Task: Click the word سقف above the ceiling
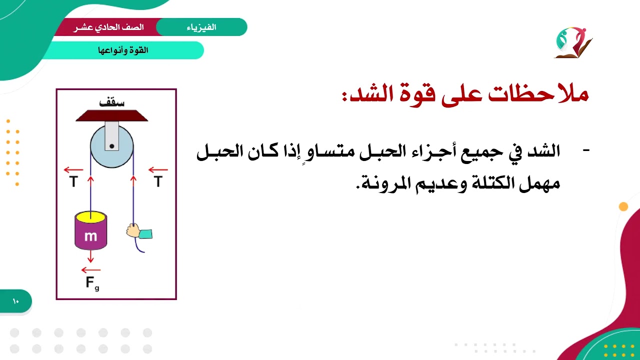point(112,103)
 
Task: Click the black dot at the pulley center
point(112,146)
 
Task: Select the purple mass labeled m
point(90,235)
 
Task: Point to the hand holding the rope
point(133,230)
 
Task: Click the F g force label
point(92,283)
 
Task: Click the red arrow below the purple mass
point(90,256)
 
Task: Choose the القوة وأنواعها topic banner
point(123,50)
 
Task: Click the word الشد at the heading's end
point(365,95)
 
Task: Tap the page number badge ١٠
point(15,301)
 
